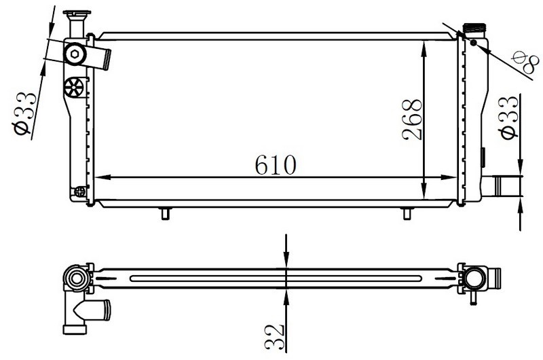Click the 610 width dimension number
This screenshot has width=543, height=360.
pyautogui.click(x=276, y=164)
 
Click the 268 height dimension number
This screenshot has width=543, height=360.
pyautogui.click(x=412, y=120)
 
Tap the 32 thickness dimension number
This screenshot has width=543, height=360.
pyautogui.click(x=274, y=336)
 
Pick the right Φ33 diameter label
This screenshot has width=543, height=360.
pyautogui.click(x=508, y=118)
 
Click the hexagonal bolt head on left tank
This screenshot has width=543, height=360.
pyautogui.click(x=75, y=54)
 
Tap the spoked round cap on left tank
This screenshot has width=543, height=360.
pyautogui.click(x=74, y=87)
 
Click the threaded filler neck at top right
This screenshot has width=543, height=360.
pyautogui.click(x=474, y=28)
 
